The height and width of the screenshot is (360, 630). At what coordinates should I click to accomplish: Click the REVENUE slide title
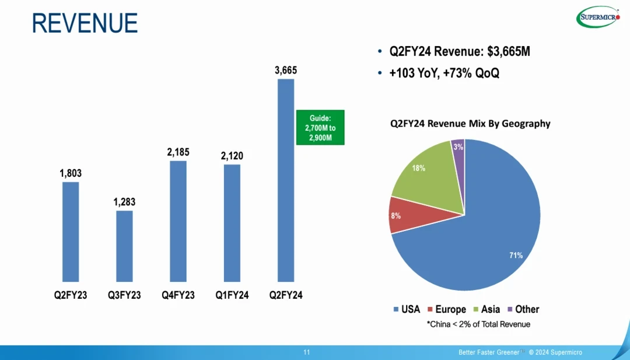pos(85,23)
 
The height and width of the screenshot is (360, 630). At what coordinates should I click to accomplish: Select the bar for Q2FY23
pos(71,232)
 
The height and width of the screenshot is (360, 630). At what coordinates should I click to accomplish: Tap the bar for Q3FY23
pos(124,246)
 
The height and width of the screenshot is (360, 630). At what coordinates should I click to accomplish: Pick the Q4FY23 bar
pos(178,221)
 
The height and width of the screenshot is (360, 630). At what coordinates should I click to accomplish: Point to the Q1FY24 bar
pos(232,223)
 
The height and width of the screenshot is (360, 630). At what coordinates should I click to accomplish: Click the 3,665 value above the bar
pos(286,71)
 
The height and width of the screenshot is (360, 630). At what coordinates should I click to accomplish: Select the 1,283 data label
pos(124,202)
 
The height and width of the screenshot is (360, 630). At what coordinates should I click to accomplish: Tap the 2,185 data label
pos(178,152)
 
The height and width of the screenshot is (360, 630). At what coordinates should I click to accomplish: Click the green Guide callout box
pos(320,127)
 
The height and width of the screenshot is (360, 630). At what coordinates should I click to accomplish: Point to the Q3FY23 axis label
pos(124,295)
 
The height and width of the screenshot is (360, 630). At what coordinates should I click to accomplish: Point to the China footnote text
pos(478,324)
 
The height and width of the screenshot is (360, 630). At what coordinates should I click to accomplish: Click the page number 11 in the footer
pos(307,352)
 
